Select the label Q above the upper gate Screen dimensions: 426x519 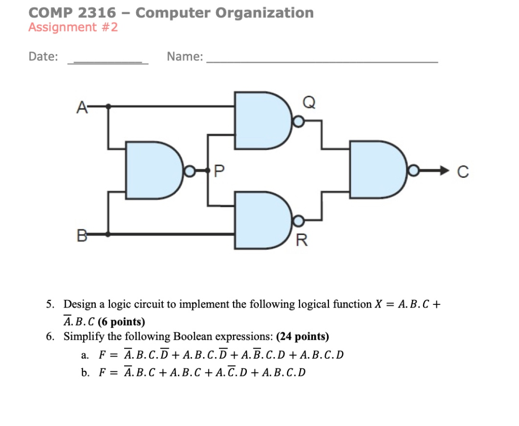click(309, 103)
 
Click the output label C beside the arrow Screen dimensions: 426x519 click(462, 173)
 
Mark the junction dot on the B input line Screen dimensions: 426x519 click(107, 234)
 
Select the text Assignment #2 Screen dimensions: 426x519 click(73, 27)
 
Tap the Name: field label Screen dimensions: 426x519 click(184, 57)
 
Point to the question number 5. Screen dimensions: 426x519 click(49, 304)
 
